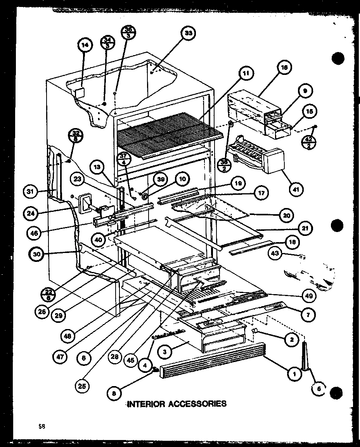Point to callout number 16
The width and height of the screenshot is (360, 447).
tap(284, 67)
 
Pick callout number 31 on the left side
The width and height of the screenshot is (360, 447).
tap(30, 191)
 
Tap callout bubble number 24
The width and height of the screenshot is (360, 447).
tap(31, 213)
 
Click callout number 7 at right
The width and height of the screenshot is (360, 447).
tap(307, 315)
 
